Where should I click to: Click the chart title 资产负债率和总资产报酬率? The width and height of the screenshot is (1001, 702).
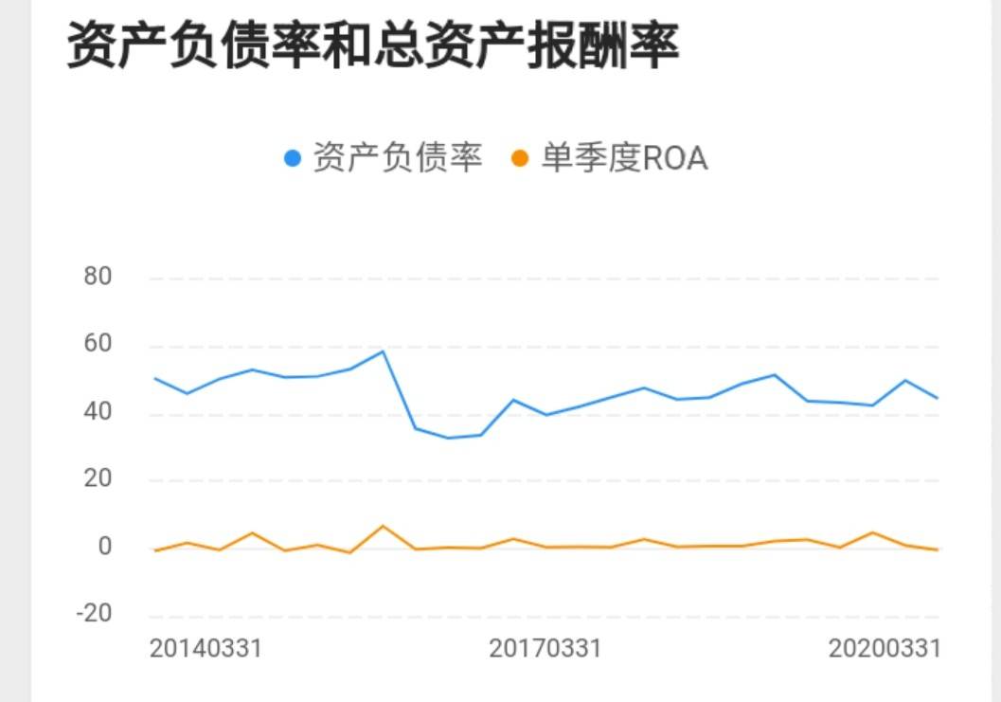(x=373, y=45)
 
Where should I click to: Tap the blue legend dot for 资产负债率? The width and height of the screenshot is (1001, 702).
(x=293, y=158)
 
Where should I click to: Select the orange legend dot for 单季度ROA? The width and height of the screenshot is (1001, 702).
(x=520, y=158)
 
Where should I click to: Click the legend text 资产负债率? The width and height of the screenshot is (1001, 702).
(x=398, y=157)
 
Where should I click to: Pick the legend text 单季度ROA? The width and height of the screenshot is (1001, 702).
(x=624, y=158)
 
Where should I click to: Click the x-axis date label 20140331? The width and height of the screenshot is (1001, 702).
(x=206, y=649)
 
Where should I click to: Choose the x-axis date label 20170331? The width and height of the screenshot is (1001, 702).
(x=545, y=649)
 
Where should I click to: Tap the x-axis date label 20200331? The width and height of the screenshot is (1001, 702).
(x=884, y=649)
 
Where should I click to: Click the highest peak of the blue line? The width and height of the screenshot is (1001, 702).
(x=383, y=351)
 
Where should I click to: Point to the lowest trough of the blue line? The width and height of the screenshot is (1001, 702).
(x=448, y=438)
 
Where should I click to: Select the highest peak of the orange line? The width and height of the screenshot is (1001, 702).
(x=383, y=526)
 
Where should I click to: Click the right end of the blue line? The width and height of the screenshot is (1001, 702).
(x=938, y=398)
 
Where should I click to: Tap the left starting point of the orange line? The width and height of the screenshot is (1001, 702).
(x=154, y=550)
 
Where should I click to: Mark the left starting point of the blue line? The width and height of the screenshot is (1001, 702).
(x=154, y=378)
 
